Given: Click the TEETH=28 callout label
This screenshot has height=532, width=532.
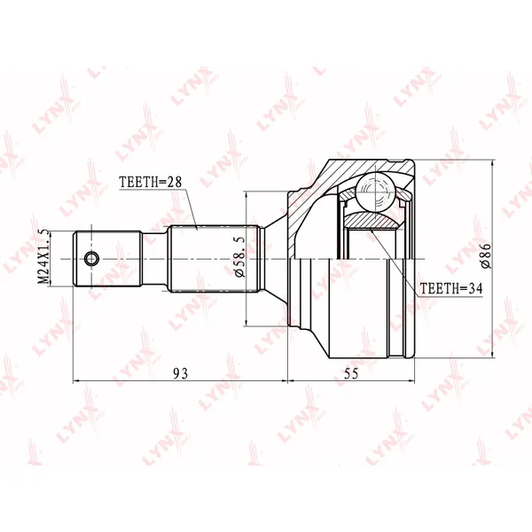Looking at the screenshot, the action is coord(151,182).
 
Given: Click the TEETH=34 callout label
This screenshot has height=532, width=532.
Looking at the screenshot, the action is coord(451,288).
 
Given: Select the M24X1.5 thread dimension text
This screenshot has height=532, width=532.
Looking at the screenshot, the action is coord(44,257).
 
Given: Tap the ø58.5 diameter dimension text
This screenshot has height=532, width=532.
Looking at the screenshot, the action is coord(239,256).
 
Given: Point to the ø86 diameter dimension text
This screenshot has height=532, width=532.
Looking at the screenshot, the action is coord(486,256).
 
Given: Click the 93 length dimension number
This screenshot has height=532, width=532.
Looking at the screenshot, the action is coord(180,373).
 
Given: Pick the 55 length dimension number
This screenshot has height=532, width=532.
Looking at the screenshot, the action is coord(351,373).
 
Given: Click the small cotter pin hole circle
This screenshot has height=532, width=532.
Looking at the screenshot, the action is coord(91,259).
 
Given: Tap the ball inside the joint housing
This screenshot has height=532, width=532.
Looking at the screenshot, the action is coord(376,192).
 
